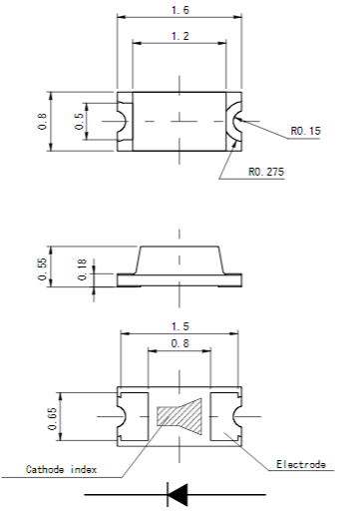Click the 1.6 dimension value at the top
[x=180, y=9]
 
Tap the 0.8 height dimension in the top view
[x=41, y=121]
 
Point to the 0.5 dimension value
[x=79, y=121]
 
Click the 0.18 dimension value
[x=81, y=270]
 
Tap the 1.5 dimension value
[x=180, y=326]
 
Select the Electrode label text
[x=299, y=464]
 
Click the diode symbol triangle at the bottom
[x=178, y=493]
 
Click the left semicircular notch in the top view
[x=122, y=121]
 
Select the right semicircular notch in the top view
[x=236, y=121]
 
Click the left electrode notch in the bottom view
[x=124, y=412]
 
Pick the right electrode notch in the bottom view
[x=235, y=412]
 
